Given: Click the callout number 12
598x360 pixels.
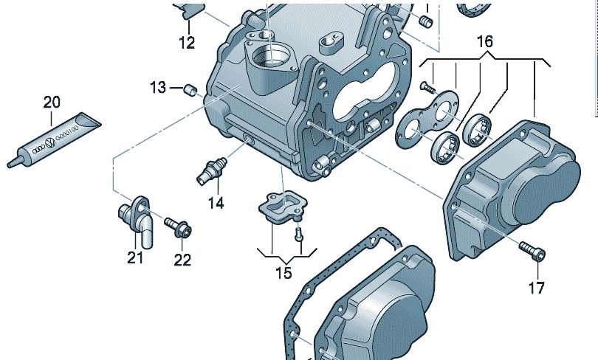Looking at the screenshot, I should (187, 44).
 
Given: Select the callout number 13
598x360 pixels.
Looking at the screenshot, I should (158, 89).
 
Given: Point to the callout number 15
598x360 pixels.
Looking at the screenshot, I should (283, 273).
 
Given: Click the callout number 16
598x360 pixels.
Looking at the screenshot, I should (484, 42).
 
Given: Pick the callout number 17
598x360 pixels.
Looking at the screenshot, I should (537, 286).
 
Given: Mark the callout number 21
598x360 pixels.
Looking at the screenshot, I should (134, 258).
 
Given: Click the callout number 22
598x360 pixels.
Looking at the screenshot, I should (182, 259).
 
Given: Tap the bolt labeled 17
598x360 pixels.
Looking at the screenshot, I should (533, 251).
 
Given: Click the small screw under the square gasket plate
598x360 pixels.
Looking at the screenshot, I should (298, 234).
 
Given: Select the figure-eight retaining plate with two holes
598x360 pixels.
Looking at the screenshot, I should (427, 120).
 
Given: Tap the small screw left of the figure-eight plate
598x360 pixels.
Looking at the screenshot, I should (427, 86).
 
